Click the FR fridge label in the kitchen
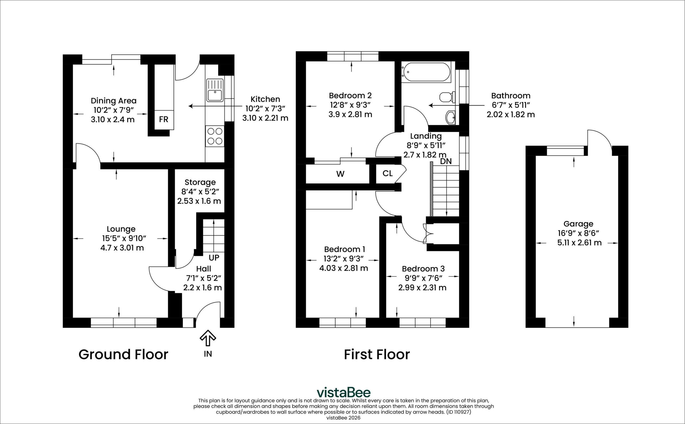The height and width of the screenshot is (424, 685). [163, 120]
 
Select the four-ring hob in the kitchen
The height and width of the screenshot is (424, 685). [215, 136]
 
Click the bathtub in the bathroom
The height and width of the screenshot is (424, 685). [426, 72]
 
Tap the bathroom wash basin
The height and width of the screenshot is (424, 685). [451, 117]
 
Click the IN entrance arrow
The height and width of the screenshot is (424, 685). [208, 338]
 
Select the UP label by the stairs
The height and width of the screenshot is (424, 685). [214, 257]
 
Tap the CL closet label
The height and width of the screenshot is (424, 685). [387, 174]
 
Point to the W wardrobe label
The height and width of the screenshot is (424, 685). [340, 174]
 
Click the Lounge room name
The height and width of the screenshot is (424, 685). [121, 229]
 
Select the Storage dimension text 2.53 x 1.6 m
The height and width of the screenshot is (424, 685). [199, 201]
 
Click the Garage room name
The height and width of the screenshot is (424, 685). [579, 224]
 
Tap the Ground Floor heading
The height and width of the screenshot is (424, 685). [123, 354]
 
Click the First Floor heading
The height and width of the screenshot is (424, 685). [377, 354]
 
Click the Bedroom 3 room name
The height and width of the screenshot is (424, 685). [423, 269]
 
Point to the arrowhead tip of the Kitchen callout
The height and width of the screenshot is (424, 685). [189, 106]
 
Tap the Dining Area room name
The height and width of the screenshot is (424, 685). [114, 101]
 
